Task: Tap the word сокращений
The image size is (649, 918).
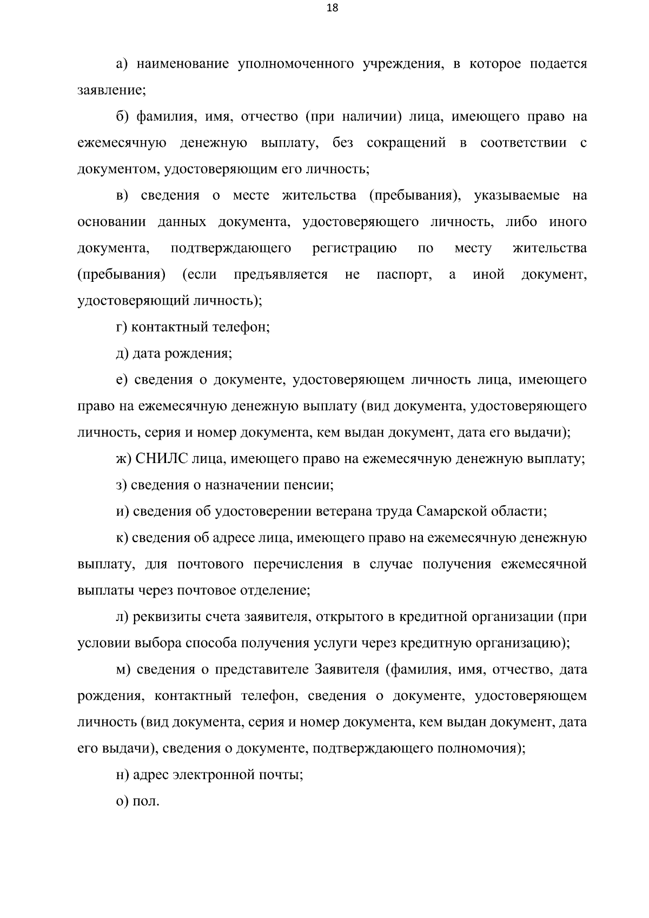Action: coord(406,143)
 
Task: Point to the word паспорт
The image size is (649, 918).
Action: coord(403,274)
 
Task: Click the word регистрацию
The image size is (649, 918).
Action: coord(354,248)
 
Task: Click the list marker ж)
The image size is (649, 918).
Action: coord(124,459)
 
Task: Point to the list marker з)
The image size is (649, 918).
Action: coord(122,485)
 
